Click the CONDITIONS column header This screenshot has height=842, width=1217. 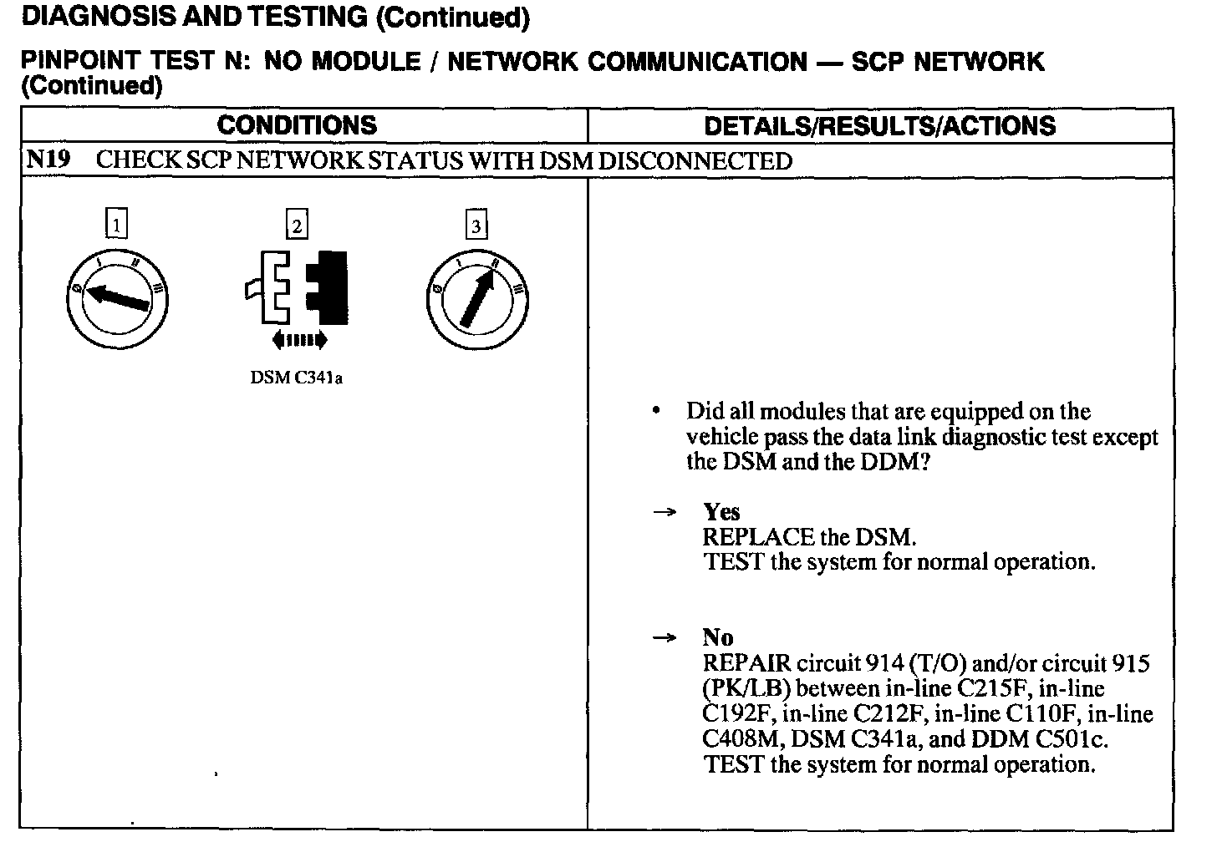point(297,126)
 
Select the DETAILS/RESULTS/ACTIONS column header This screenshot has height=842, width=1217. point(879,126)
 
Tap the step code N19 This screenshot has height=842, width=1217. point(47,160)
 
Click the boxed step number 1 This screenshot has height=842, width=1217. point(117,225)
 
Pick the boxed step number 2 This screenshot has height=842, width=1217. point(297,225)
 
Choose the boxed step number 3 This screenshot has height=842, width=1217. point(476,226)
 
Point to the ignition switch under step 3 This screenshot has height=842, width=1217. point(476,299)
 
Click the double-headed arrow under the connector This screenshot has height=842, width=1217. point(298,339)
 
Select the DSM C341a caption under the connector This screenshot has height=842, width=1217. point(297,378)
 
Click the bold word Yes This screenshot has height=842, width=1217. point(721,512)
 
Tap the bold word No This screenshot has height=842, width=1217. point(718,638)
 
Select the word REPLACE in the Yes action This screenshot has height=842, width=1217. point(758,537)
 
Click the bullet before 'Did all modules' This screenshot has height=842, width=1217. point(658,411)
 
